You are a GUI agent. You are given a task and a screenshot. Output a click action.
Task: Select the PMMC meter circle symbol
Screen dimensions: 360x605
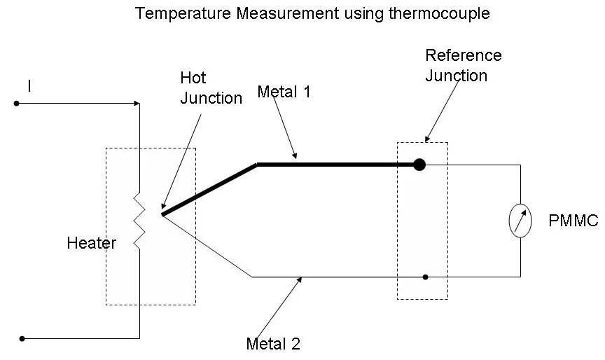point(520,221)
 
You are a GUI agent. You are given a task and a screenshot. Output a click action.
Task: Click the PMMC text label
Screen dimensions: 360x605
point(573,221)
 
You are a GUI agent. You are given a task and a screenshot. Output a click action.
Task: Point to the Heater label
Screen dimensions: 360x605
point(91,244)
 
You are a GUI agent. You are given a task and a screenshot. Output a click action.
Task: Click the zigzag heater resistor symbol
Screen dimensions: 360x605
point(139,221)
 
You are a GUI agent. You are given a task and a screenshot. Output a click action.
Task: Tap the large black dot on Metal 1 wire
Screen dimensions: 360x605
point(419,165)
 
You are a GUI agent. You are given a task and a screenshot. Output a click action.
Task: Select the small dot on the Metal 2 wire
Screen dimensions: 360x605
point(425,277)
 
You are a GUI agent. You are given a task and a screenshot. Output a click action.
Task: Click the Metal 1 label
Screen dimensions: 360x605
point(284,91)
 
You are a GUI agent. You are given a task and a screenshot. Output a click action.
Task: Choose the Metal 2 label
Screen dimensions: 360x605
point(273,344)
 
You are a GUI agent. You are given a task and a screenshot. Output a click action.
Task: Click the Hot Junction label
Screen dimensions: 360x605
point(211,88)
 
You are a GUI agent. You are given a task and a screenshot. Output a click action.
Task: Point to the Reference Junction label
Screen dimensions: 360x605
point(464,65)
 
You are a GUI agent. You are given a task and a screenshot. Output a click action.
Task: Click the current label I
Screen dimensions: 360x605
point(29,86)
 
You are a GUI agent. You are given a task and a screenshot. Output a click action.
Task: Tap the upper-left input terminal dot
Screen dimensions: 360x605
point(15,104)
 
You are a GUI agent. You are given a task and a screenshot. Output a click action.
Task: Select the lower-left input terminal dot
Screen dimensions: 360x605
point(22,339)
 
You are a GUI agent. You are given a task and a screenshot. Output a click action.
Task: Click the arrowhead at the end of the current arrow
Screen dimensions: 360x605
point(136,104)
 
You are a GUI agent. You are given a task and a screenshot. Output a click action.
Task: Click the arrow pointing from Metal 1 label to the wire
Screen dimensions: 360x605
point(284,129)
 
